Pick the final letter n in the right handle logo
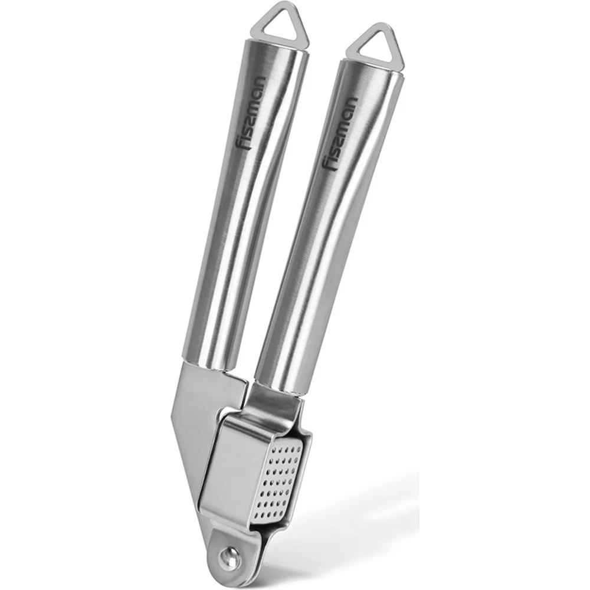tap(350, 102)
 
